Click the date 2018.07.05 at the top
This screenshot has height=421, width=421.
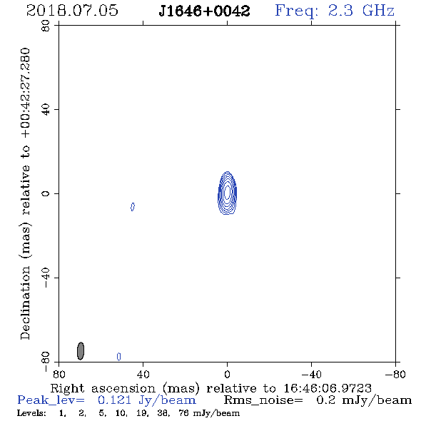(x=72, y=11)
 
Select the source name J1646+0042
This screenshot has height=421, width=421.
(x=204, y=11)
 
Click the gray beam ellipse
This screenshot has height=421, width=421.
(x=81, y=351)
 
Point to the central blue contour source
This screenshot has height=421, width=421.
(x=227, y=193)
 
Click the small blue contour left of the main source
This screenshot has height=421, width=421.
(x=133, y=207)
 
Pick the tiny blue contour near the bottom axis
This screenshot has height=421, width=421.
(x=119, y=357)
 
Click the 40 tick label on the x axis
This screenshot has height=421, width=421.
(x=143, y=375)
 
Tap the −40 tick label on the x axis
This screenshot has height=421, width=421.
(x=311, y=375)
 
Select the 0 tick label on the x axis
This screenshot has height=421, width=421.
(x=227, y=375)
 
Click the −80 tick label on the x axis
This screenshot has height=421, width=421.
(x=395, y=375)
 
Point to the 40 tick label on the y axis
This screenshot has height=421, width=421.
(x=46, y=110)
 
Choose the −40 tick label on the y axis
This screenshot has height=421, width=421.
(x=46, y=278)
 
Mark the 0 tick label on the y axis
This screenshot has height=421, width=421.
(x=46, y=193)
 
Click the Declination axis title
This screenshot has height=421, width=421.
(x=25, y=193)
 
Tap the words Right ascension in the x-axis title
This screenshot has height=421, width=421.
(x=103, y=388)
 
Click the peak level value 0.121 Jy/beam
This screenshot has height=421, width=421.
(x=146, y=400)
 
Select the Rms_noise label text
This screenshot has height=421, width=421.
(x=263, y=400)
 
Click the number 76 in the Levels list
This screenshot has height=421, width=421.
(x=183, y=413)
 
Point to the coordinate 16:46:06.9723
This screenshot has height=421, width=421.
(x=328, y=388)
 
